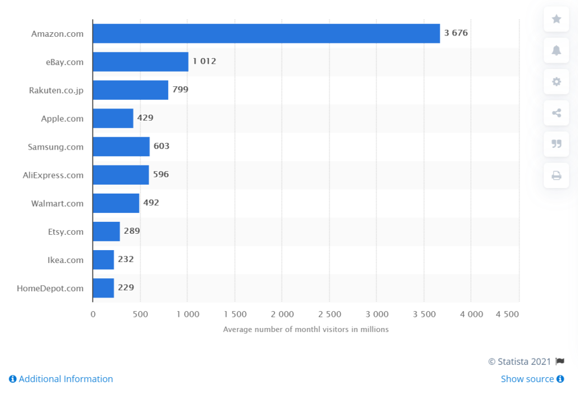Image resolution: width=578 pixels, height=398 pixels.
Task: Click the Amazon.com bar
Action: (x=266, y=33)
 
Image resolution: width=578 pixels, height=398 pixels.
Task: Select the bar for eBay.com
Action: (x=141, y=62)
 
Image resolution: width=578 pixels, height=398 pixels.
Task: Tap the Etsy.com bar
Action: (x=106, y=231)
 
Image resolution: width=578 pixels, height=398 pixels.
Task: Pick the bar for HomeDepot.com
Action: (x=103, y=288)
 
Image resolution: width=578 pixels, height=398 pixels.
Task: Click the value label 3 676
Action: (x=456, y=33)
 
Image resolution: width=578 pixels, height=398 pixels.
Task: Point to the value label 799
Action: (x=181, y=90)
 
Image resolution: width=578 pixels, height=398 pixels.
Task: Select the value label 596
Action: (x=161, y=174)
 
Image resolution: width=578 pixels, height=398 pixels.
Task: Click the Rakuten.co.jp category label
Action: (x=56, y=90)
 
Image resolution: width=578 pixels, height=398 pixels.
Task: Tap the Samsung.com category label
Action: (x=55, y=147)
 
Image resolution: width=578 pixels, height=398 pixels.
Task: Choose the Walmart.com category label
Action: (x=57, y=203)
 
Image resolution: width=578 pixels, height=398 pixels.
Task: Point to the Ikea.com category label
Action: (x=65, y=260)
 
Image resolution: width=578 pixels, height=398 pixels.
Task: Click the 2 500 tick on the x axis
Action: (x=330, y=314)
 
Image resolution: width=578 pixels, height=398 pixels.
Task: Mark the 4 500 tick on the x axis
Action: (x=507, y=314)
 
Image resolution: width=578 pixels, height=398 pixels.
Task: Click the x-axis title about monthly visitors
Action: (x=305, y=329)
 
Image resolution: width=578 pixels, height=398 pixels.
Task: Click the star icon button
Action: (x=557, y=19)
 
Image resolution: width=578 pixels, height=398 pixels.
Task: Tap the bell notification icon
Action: (x=557, y=51)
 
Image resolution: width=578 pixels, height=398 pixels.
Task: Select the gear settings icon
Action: (x=557, y=82)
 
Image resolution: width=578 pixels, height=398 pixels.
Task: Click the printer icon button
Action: (x=557, y=176)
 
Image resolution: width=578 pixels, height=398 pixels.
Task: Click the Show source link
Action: (x=532, y=379)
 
